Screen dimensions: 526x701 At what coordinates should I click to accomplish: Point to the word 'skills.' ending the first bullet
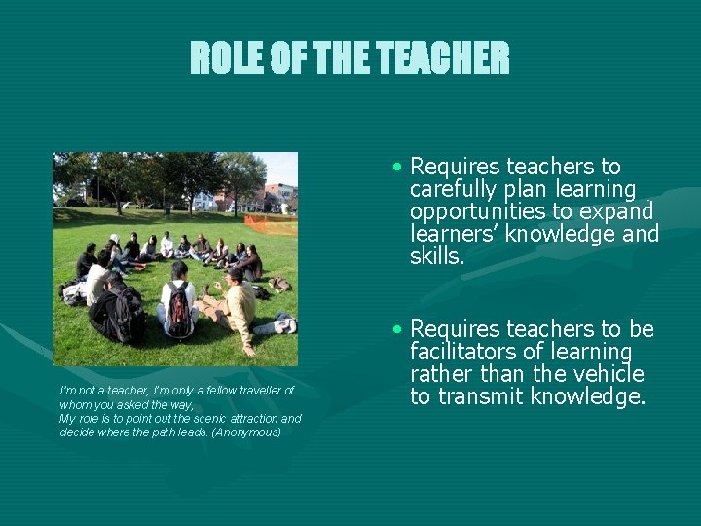438,257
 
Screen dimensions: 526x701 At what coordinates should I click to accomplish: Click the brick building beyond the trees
279,195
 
